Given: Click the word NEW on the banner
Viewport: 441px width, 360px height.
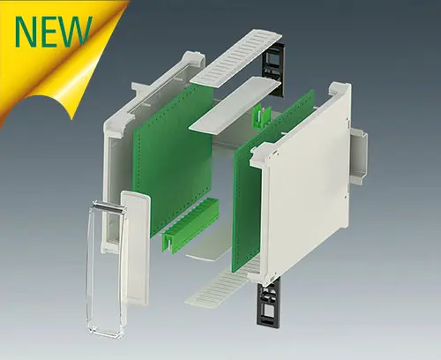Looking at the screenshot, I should [53, 31].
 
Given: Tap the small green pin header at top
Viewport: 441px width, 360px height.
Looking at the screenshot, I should [262, 115].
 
